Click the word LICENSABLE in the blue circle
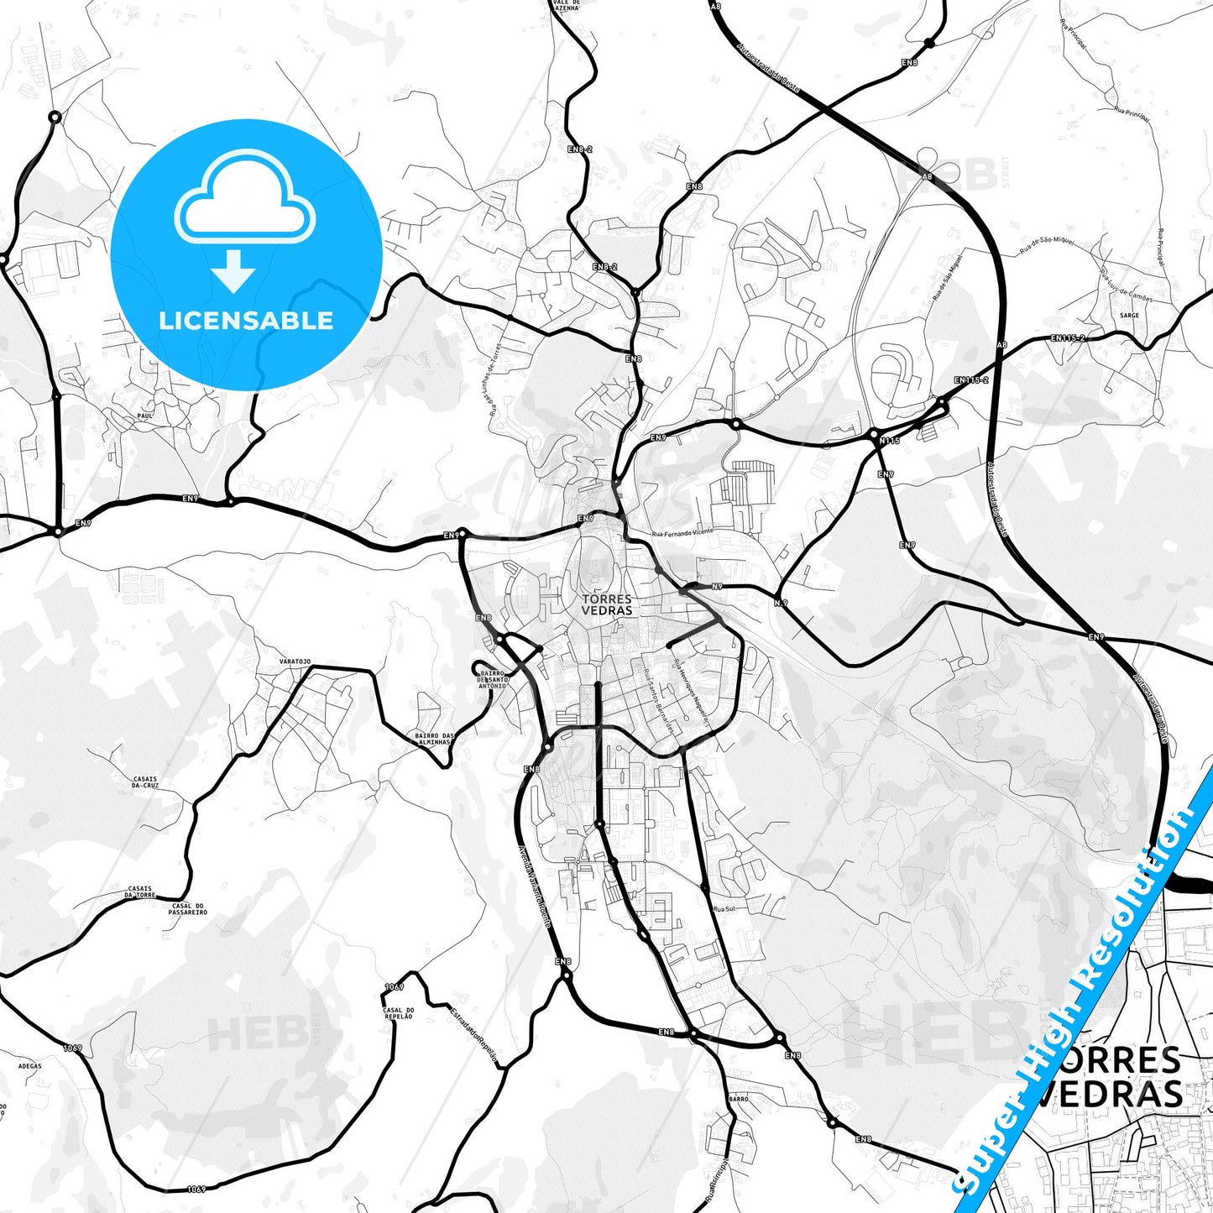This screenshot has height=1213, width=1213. [x=246, y=321]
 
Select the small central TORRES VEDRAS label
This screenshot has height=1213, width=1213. [x=607, y=604]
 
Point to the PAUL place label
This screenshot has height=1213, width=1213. [x=144, y=415]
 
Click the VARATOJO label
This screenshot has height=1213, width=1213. [x=295, y=661]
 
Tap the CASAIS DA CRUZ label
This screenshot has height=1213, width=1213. [x=145, y=782]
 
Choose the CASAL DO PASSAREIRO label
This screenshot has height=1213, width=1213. [x=188, y=909]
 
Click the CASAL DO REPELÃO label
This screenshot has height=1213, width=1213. [x=398, y=1012]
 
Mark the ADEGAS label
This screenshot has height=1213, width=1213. [x=29, y=1066]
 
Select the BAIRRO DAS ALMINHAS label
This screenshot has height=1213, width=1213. [x=433, y=739]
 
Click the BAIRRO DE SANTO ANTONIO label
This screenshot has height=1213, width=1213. [x=492, y=679]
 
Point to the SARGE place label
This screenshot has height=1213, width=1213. [x=1129, y=316]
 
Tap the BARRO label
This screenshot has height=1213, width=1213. [x=739, y=1098]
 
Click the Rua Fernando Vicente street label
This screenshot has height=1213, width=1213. [x=682, y=532]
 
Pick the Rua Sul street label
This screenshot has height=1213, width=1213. [x=724, y=909]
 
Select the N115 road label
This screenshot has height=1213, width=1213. [x=889, y=441]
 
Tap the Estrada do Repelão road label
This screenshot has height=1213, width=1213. [x=473, y=1035]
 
